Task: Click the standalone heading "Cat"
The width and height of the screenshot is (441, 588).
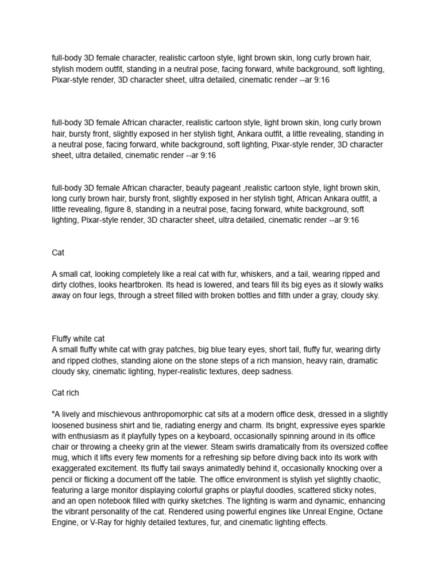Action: (x=57, y=252)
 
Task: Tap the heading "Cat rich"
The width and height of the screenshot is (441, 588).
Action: (x=65, y=393)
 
